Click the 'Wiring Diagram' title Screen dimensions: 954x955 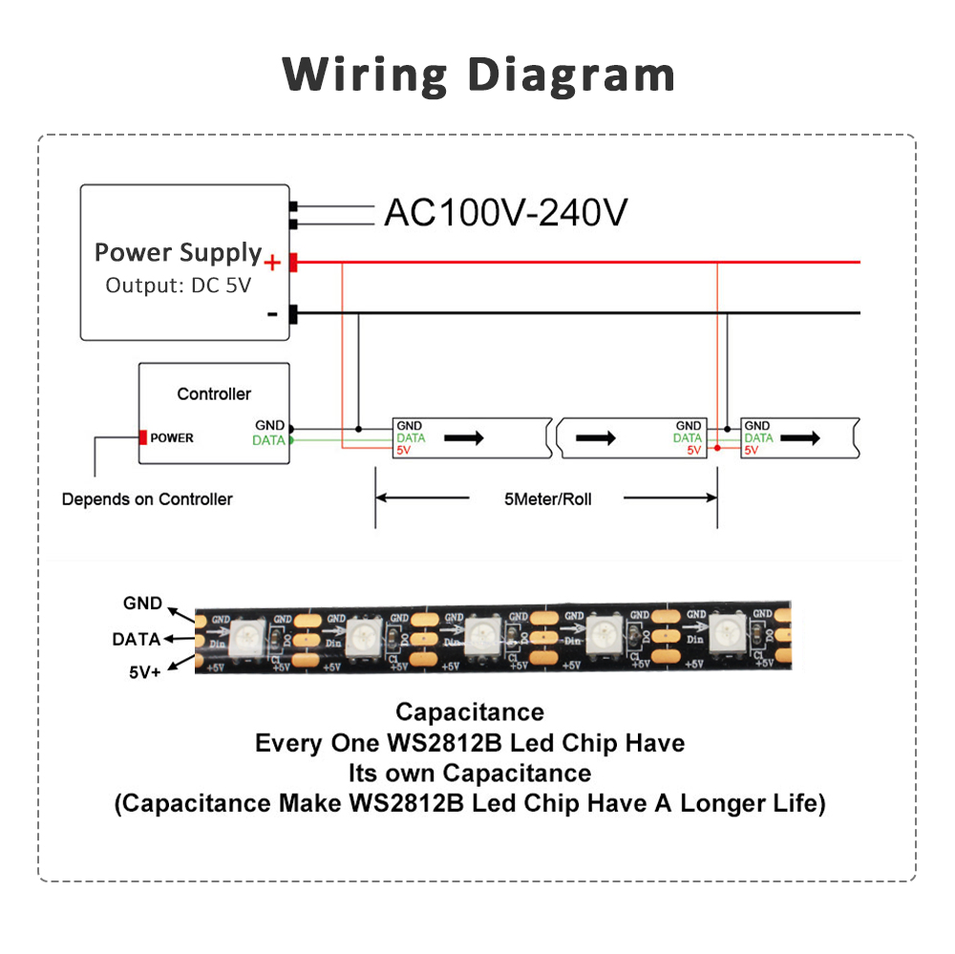(478, 74)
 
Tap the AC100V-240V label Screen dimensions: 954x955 (505, 213)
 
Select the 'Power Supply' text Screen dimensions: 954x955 (178, 253)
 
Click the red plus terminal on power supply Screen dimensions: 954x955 (293, 262)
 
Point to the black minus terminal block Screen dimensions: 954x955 (293, 313)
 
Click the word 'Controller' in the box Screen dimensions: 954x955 (214, 393)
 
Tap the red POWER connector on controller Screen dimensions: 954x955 (143, 437)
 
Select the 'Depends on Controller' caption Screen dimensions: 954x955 (147, 498)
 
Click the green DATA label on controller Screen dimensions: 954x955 (268, 440)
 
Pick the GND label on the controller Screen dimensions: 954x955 (269, 426)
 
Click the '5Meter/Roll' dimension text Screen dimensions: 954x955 (547, 498)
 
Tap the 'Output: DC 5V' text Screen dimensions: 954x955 (178, 285)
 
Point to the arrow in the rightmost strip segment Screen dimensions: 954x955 (801, 437)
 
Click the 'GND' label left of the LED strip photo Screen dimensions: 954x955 (142, 604)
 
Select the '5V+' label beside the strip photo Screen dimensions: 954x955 (145, 672)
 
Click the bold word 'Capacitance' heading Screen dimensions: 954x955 (470, 711)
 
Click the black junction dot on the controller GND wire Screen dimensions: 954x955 (358, 428)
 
